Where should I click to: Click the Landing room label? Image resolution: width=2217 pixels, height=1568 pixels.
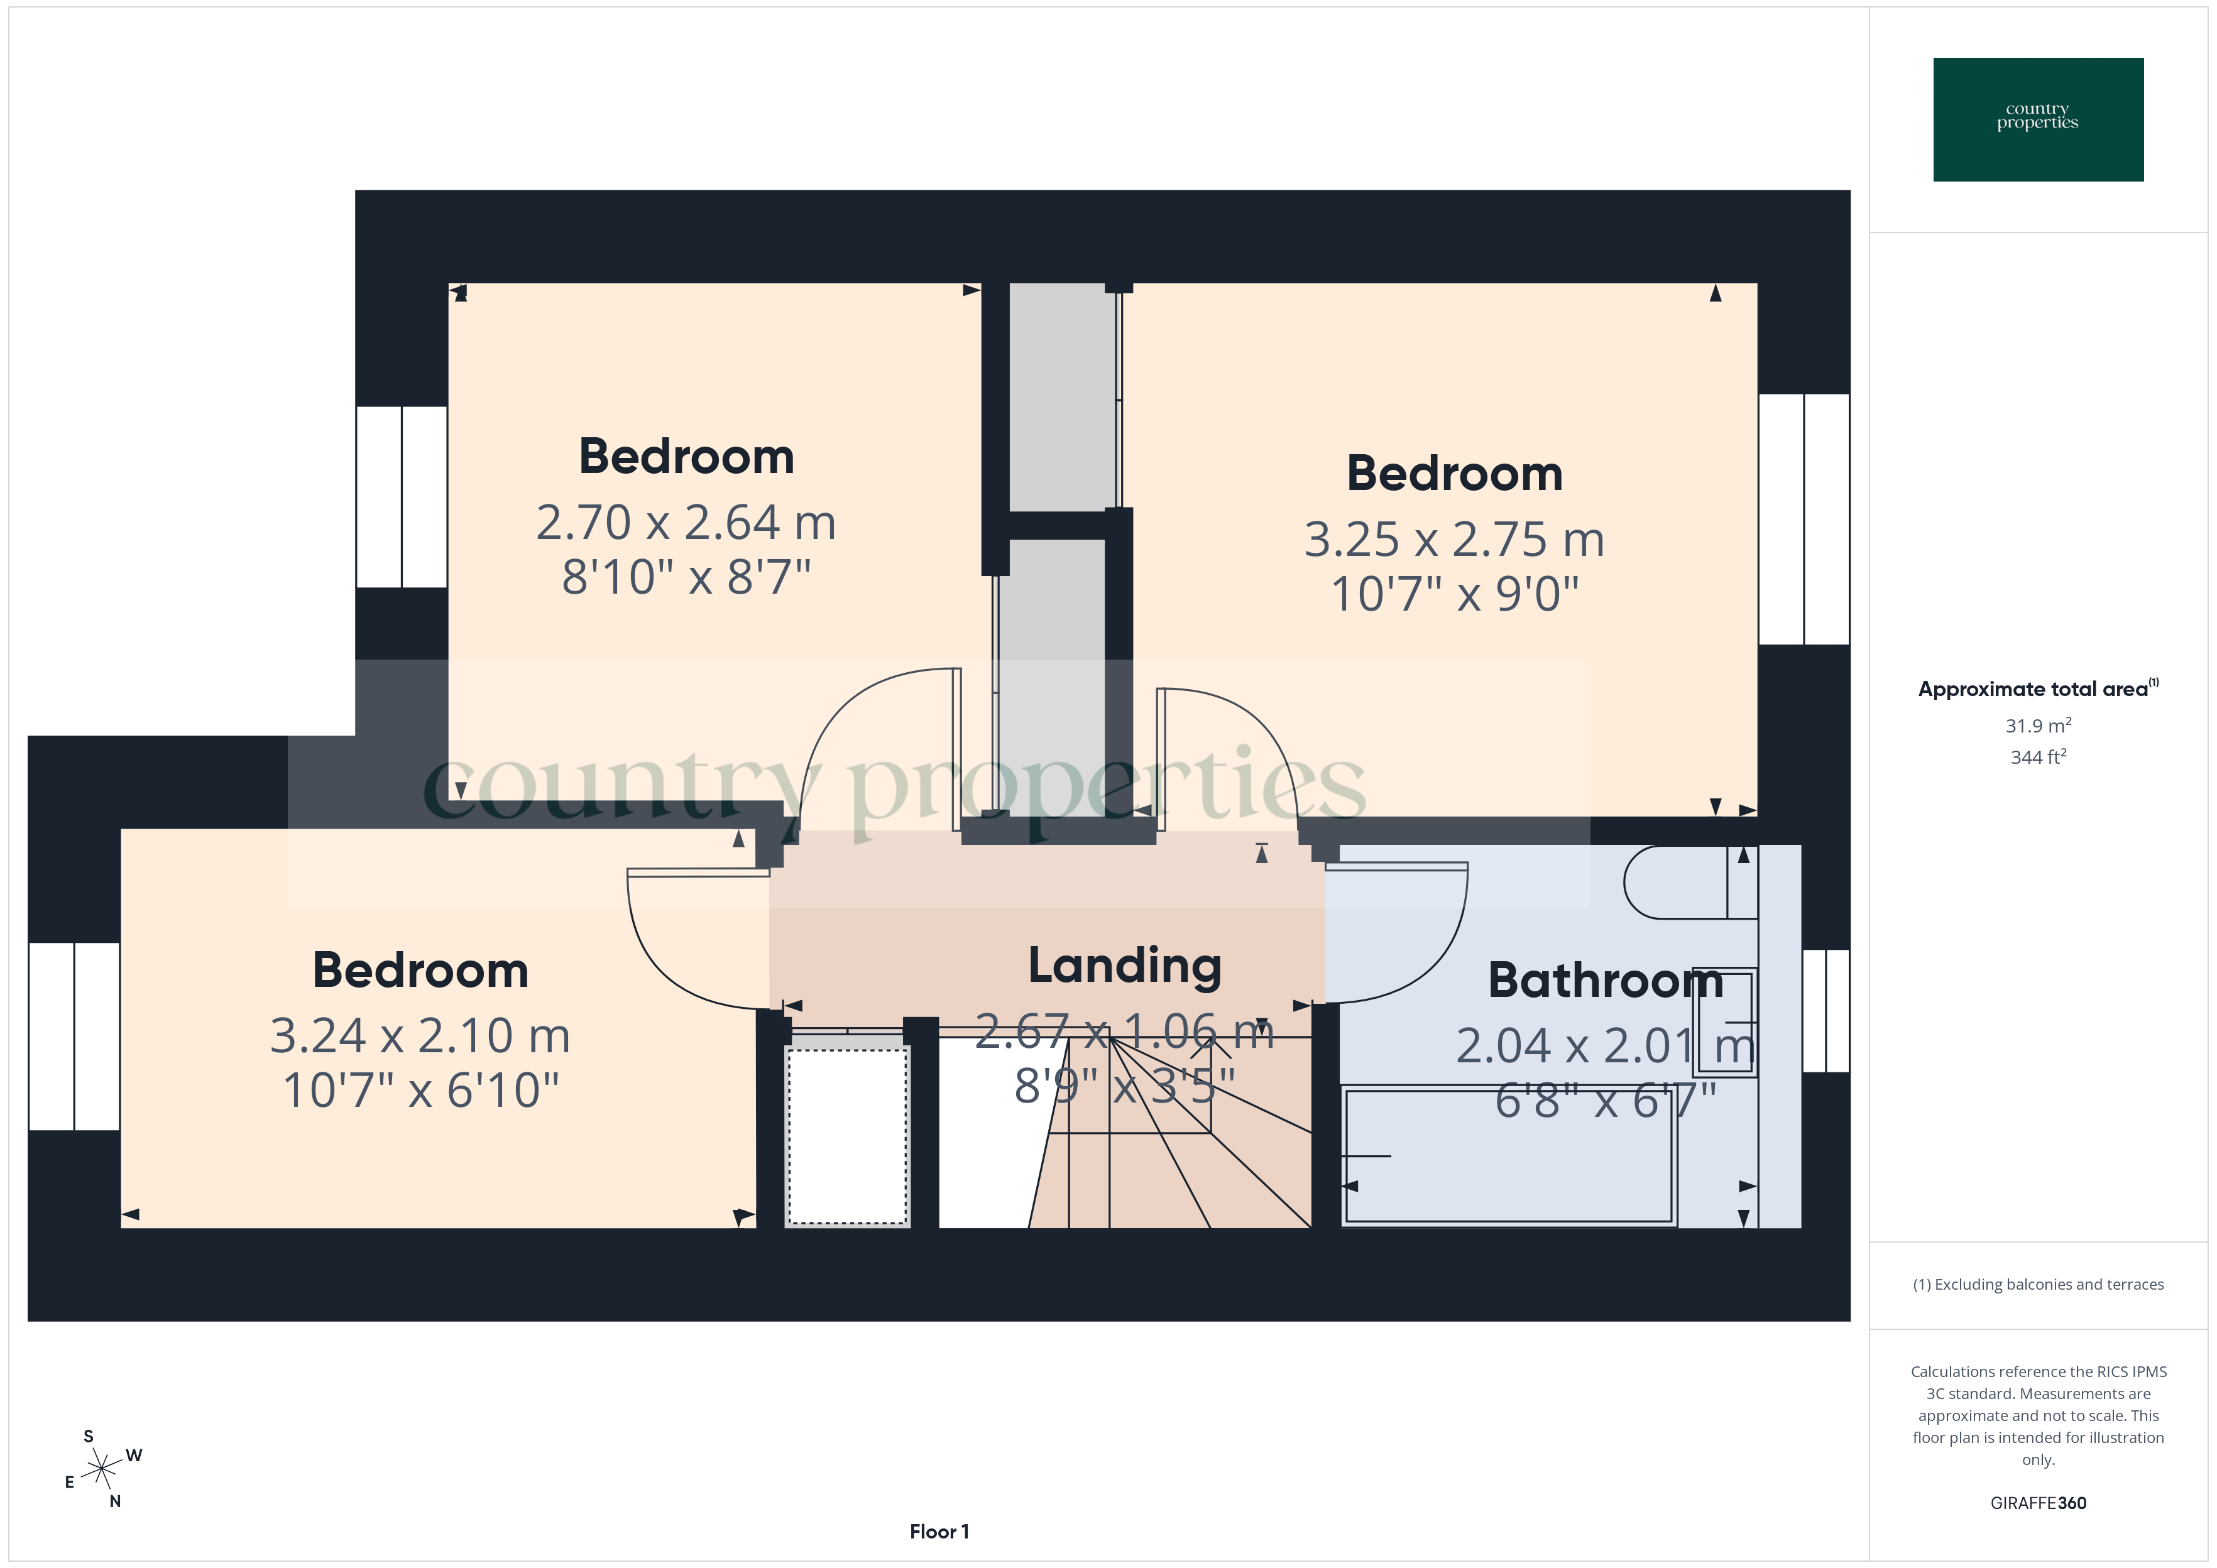[1125, 966]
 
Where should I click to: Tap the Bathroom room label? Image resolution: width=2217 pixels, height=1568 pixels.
[1605, 981]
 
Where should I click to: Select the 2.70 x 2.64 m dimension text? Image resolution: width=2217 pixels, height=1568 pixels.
[686, 522]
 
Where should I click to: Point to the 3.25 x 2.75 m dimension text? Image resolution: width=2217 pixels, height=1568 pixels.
[1454, 540]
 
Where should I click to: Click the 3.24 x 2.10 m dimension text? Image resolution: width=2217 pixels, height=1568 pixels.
[420, 1036]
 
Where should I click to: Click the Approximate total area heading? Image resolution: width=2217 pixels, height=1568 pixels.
[2037, 689]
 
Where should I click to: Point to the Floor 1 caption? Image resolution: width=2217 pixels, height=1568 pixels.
[939, 1532]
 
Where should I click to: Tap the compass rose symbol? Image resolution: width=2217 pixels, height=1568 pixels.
[101, 1469]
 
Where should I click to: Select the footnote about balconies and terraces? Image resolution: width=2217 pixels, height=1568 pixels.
[2037, 1284]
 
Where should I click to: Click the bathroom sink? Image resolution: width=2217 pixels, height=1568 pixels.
[1724, 1021]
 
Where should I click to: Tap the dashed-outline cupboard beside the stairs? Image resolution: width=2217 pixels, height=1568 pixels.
[848, 1135]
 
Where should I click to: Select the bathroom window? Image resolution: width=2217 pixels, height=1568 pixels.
[1825, 1011]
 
